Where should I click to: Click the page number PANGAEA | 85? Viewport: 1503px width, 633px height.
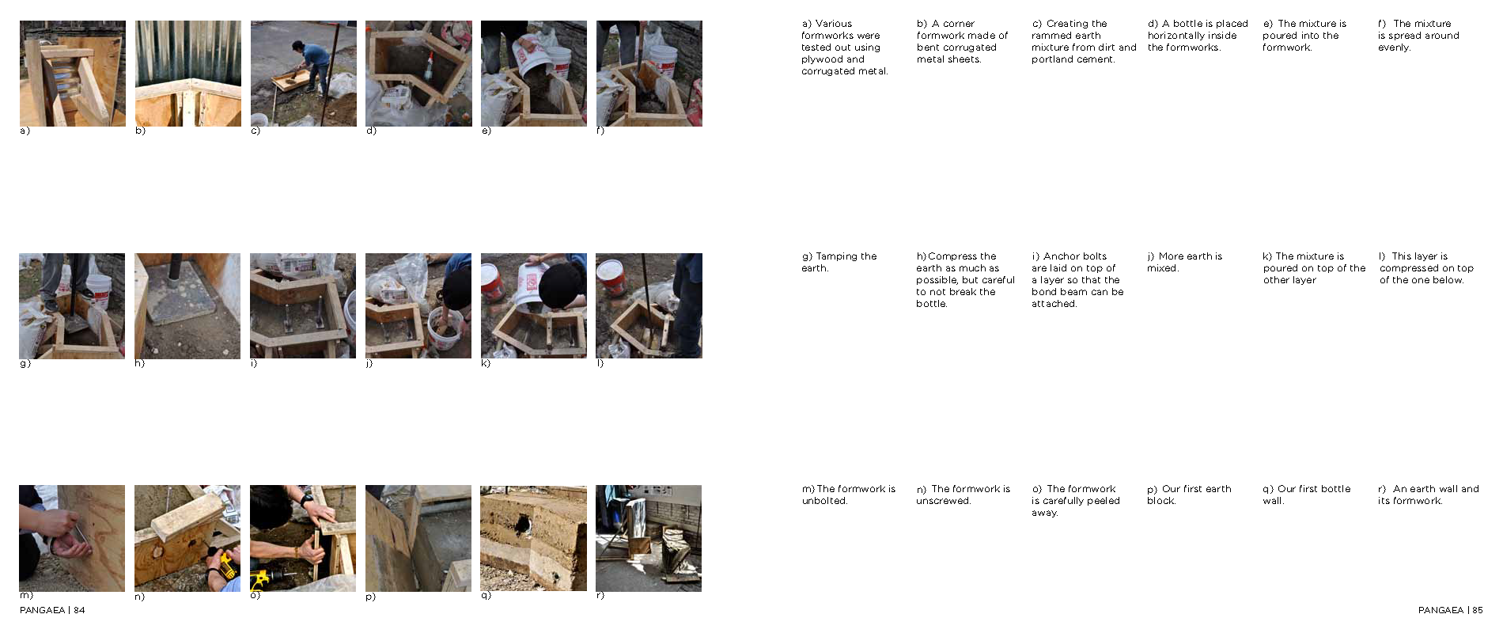point(1450,610)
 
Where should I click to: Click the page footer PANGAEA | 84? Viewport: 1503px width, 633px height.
point(52,610)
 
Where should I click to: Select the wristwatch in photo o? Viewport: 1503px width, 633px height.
point(306,499)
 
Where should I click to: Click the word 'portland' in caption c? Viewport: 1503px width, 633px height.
point(1051,59)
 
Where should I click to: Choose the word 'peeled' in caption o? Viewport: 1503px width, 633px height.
point(1104,501)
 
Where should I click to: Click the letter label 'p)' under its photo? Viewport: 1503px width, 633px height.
point(370,597)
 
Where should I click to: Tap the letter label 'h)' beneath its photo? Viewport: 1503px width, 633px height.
point(139,364)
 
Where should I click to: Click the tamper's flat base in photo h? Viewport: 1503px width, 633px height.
point(180,301)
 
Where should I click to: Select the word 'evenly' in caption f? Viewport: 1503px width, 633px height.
point(1394,47)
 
